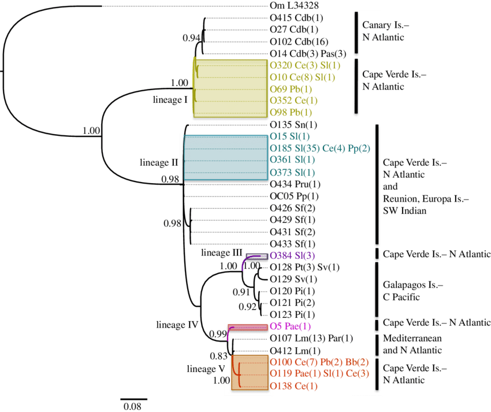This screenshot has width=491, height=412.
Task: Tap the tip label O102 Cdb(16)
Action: pyautogui.click(x=297, y=42)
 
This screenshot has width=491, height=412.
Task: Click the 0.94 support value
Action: pyautogui.click(x=191, y=38)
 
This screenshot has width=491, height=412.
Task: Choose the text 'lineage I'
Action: pyautogui.click(x=170, y=100)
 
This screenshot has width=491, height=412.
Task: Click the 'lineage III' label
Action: pyautogui.click(x=221, y=253)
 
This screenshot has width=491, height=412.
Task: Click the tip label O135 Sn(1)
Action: pyautogui.click(x=293, y=124)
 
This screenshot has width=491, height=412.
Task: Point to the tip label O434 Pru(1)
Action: pyautogui.click(x=295, y=184)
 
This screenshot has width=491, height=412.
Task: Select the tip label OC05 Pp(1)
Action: pyautogui.click(x=295, y=196)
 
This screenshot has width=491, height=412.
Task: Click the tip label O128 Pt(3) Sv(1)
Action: pyautogui.click(x=305, y=267)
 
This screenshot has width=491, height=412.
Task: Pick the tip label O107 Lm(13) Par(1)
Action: pyautogui.click(x=311, y=338)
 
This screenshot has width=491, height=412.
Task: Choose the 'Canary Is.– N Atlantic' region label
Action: pyautogui.click(x=383, y=31)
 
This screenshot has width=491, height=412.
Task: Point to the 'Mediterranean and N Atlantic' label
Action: pyautogui.click(x=412, y=344)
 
